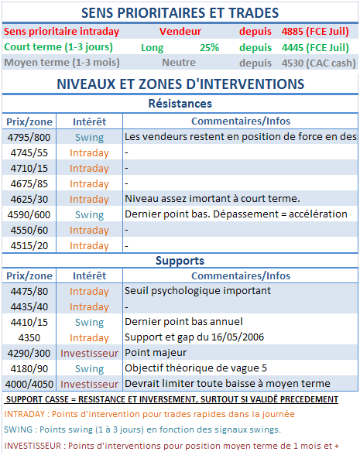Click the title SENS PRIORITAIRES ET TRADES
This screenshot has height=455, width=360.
coord(180,13)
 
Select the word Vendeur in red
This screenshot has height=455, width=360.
coord(180,32)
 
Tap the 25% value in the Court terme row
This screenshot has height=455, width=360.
coord(209,47)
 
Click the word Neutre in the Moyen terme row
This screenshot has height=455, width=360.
coord(178,63)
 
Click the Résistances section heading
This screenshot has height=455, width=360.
coord(180,104)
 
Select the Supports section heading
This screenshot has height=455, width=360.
coord(180,261)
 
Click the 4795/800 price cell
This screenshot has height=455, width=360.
coord(29,137)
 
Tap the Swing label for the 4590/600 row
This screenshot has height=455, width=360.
coord(89,214)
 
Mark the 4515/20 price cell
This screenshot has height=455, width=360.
coord(29,245)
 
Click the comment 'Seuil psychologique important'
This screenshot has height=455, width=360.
coord(197,291)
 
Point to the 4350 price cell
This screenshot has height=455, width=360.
coord(29,337)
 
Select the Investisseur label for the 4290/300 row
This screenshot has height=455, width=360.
coord(89,353)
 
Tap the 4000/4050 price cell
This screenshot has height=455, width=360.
coord(29,384)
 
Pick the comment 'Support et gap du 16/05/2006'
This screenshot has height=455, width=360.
coord(198,337)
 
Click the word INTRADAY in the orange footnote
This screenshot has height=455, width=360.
coord(25,414)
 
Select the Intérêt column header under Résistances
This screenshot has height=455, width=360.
coord(89,121)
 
